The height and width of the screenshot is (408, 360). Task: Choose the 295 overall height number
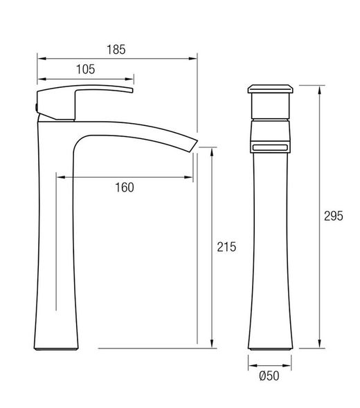tap(334, 216)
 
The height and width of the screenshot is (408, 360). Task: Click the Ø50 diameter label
tap(270, 376)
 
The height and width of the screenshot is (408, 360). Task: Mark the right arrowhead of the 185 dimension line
tap(195, 58)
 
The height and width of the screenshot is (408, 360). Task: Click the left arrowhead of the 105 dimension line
tap(40, 78)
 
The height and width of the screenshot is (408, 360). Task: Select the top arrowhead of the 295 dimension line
tap(320, 89)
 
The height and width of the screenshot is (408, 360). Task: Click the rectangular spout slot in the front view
tap(271, 148)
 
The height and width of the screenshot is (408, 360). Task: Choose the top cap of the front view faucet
tap(271, 89)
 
